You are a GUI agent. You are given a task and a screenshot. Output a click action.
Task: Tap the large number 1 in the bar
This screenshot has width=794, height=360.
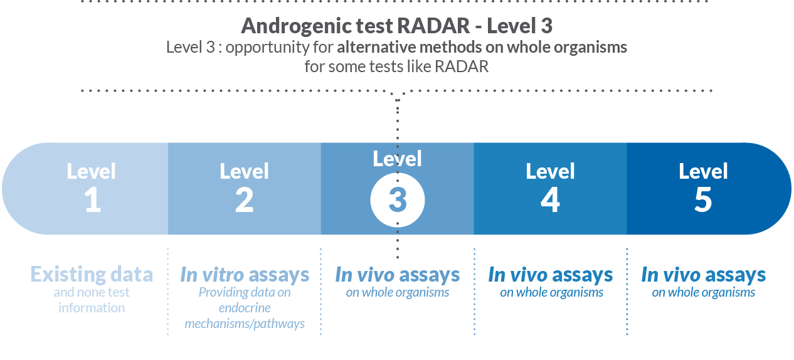(x=93, y=200)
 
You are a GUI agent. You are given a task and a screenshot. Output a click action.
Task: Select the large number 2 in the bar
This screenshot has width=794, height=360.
(x=244, y=200)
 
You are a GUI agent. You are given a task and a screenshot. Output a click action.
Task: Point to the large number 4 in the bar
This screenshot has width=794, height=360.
(x=550, y=200)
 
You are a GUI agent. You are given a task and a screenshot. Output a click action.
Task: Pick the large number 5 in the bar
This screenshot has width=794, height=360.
(x=703, y=200)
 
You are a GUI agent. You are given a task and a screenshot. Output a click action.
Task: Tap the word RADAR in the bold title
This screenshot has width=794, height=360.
(x=433, y=26)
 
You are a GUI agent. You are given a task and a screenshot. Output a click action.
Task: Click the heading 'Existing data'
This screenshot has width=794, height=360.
(x=92, y=274)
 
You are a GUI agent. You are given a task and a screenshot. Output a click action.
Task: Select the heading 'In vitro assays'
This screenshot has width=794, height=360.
(x=245, y=274)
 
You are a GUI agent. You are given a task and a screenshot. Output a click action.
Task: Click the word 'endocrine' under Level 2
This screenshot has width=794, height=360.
(x=245, y=308)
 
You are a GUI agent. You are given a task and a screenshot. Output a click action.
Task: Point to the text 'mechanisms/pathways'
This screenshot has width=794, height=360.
(x=245, y=324)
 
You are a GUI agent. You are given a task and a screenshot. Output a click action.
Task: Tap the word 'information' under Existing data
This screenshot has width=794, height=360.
(x=92, y=308)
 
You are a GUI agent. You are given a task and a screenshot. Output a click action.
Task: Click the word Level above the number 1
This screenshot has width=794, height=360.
(x=91, y=171)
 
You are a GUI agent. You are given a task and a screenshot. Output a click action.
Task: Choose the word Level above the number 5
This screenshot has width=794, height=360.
(x=703, y=171)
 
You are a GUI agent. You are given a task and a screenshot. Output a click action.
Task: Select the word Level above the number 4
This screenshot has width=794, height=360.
(x=550, y=171)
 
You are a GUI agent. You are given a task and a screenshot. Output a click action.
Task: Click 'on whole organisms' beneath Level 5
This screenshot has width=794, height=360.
(x=703, y=292)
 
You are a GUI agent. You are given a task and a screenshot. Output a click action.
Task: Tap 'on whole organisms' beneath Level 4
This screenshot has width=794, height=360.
(x=551, y=292)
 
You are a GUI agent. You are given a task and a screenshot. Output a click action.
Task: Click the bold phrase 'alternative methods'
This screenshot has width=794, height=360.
(x=409, y=47)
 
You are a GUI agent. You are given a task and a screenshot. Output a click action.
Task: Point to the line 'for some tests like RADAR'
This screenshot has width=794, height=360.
(x=396, y=66)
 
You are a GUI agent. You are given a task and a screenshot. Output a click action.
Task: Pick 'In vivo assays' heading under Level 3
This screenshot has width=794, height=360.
(x=398, y=274)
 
